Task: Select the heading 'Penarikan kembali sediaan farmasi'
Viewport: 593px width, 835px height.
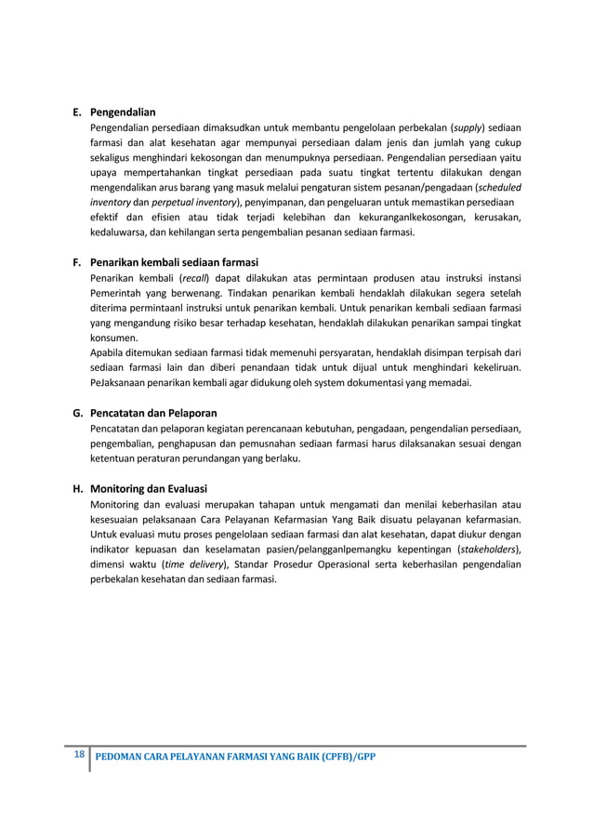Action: point(174,261)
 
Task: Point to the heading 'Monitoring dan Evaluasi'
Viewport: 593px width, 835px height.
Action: point(149,488)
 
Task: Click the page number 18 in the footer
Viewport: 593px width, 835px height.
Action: point(79,754)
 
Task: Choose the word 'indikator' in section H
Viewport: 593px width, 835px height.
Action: point(112,549)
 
